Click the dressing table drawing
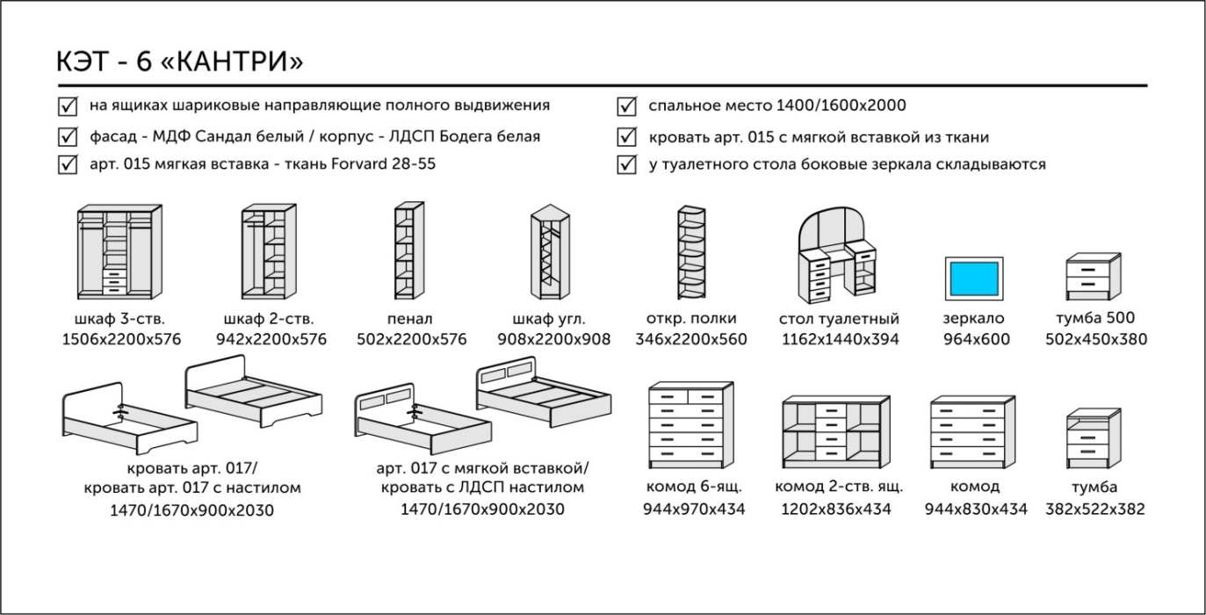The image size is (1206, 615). point(839,255)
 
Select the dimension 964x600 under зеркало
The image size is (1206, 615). point(976,340)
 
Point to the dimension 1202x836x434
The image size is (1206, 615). point(835,509)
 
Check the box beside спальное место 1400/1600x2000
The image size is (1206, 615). point(627,107)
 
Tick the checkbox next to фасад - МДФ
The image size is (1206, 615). point(67,137)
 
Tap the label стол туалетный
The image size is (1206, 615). point(839,319)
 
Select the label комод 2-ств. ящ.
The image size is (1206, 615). point(839,487)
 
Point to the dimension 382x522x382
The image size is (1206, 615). point(1094,509)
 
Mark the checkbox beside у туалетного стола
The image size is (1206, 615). point(627,165)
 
